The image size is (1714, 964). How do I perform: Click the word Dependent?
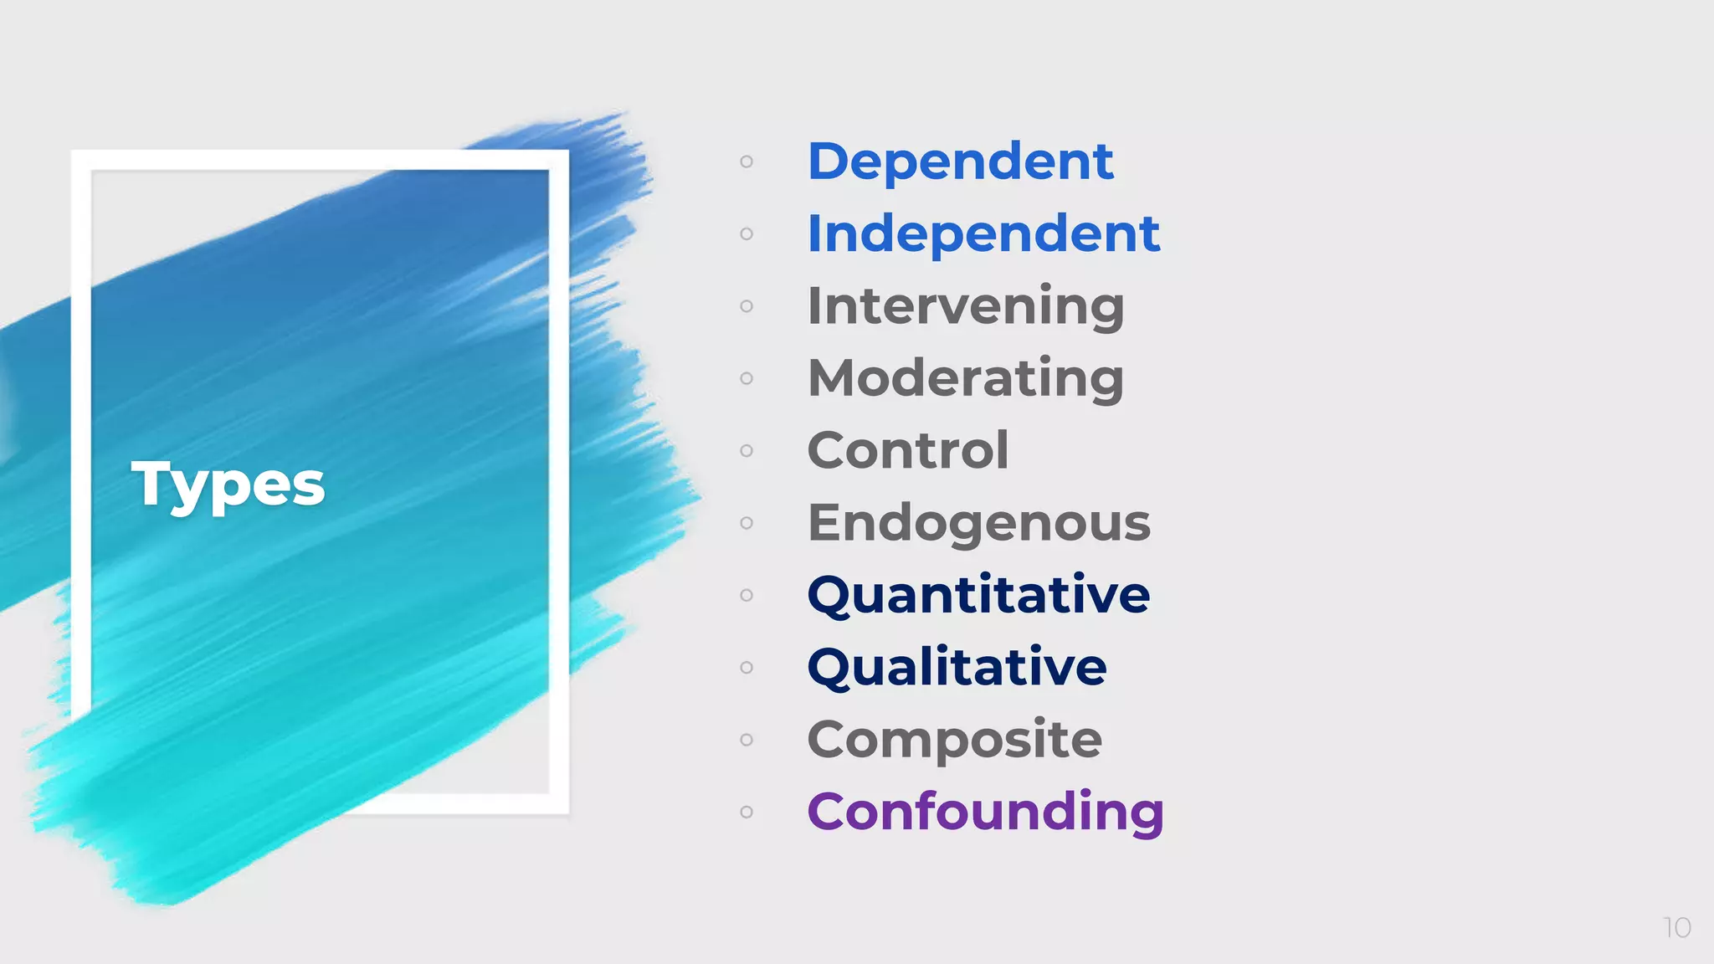[x=960, y=161]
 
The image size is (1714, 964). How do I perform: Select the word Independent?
[x=983, y=233]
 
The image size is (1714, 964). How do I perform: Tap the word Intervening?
[x=966, y=305]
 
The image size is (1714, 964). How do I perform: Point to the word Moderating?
[x=966, y=378]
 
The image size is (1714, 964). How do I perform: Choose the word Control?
[x=908, y=450]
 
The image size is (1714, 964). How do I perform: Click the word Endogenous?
[x=979, y=523]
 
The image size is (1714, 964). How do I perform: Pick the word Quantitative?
[x=978, y=595]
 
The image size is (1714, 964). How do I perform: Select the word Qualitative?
[x=957, y=668]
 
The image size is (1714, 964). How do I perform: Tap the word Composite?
[x=955, y=740]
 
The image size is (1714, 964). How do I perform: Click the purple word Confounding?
[x=985, y=812]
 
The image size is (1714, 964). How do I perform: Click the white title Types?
[x=228, y=484]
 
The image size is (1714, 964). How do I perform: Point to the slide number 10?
[x=1677, y=927]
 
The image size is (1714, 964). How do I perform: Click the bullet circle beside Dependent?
[x=747, y=162]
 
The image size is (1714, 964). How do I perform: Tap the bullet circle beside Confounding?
[x=747, y=812]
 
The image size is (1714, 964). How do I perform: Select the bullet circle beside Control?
[x=747, y=450]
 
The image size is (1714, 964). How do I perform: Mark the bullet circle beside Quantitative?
[x=747, y=595]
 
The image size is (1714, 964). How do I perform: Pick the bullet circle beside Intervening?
[x=747, y=306]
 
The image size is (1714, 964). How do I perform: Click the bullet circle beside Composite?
[x=747, y=740]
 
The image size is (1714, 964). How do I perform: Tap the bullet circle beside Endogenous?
[x=747, y=523]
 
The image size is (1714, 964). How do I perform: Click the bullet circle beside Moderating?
[x=747, y=378]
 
